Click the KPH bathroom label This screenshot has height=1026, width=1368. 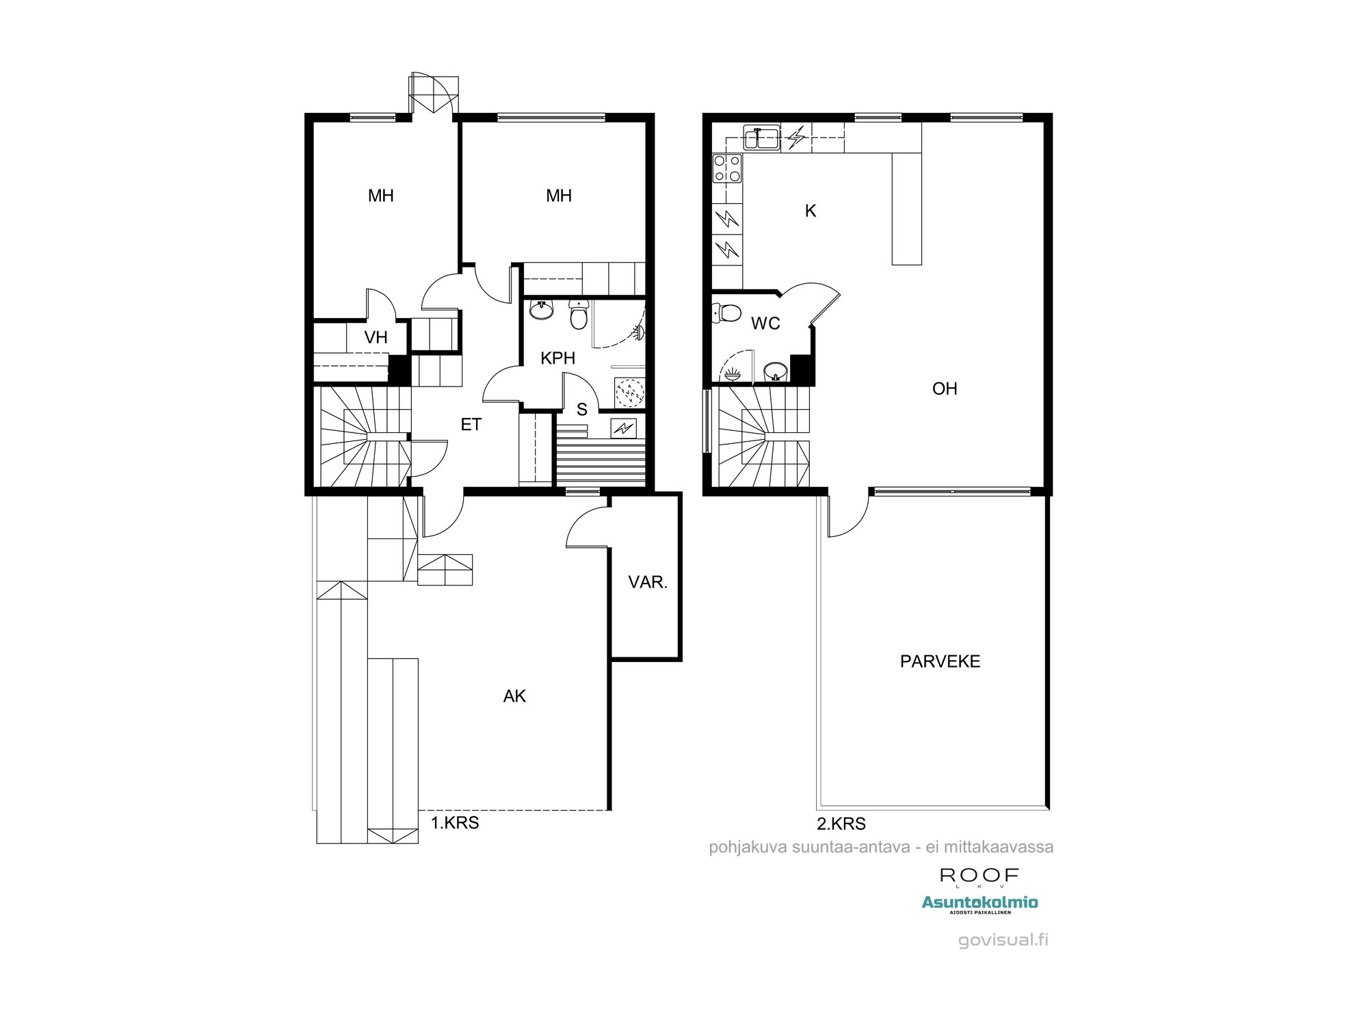[x=557, y=358]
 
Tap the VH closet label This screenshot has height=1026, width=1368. [x=376, y=337]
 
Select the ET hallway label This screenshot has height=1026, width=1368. [x=471, y=425]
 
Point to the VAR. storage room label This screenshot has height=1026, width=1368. [x=647, y=582]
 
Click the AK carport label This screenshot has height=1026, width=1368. [x=514, y=696]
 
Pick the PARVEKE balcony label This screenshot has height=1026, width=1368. [x=940, y=661]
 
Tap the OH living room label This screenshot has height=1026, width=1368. [x=945, y=389]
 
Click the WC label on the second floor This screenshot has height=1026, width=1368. [x=765, y=324]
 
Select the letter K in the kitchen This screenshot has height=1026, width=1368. [x=811, y=211]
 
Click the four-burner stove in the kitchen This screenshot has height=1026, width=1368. [x=727, y=168]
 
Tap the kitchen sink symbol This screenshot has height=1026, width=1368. [x=761, y=137]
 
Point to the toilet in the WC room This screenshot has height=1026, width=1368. [x=726, y=313]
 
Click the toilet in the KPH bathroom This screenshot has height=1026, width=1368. [x=579, y=316]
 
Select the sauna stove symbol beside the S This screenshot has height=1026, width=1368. [x=623, y=428]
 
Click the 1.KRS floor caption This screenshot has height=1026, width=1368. [x=455, y=823]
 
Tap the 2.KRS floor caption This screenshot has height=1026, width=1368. [x=841, y=824]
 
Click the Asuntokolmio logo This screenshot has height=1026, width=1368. [x=979, y=903]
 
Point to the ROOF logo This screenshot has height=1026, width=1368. [x=979, y=876]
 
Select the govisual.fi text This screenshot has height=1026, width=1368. [x=1003, y=940]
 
